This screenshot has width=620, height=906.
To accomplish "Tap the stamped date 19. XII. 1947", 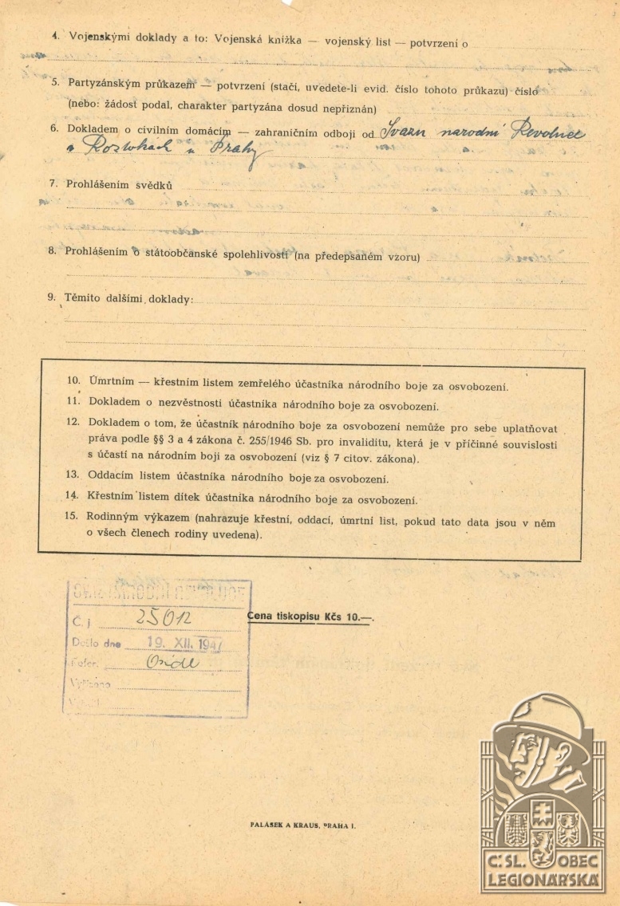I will click(x=173, y=643).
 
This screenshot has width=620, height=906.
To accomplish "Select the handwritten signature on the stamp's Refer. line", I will click(x=172, y=664).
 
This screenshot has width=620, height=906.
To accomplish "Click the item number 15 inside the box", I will click(x=72, y=516).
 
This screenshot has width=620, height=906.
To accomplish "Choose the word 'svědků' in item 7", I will click(x=153, y=185).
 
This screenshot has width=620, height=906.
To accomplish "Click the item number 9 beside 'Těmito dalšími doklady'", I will click(x=51, y=297).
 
